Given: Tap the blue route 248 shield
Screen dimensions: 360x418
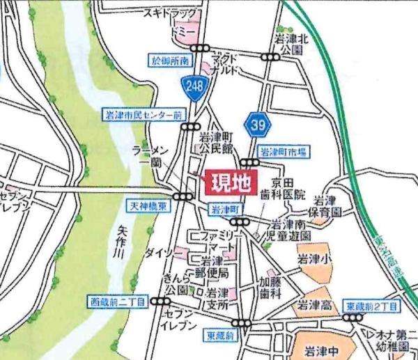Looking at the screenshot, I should (x=193, y=86).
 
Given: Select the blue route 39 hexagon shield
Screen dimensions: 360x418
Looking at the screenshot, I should (x=258, y=125).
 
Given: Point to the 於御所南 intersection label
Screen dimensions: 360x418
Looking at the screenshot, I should (x=170, y=61).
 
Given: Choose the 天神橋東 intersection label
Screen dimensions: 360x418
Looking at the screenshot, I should (x=148, y=207).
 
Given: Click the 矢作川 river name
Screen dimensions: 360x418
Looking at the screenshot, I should (x=118, y=243).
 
